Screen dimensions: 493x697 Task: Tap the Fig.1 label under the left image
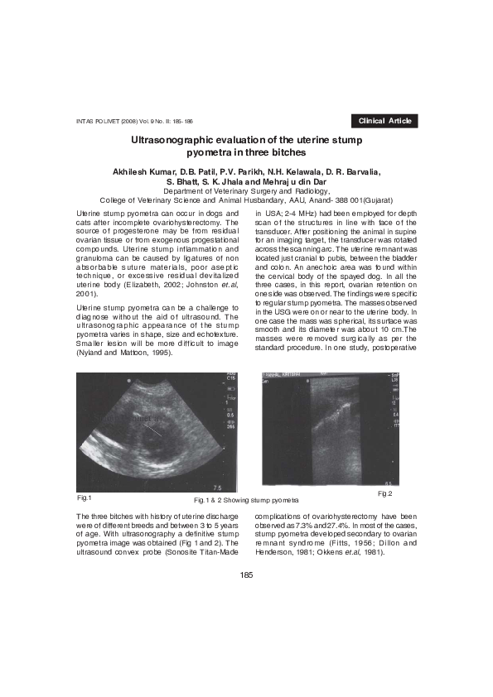[84, 498]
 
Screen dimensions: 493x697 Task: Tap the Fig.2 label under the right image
[384, 493]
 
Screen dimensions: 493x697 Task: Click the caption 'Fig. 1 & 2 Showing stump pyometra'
[245, 501]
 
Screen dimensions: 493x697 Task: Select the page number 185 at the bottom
[246, 574]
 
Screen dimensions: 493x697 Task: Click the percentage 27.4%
[348, 526]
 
